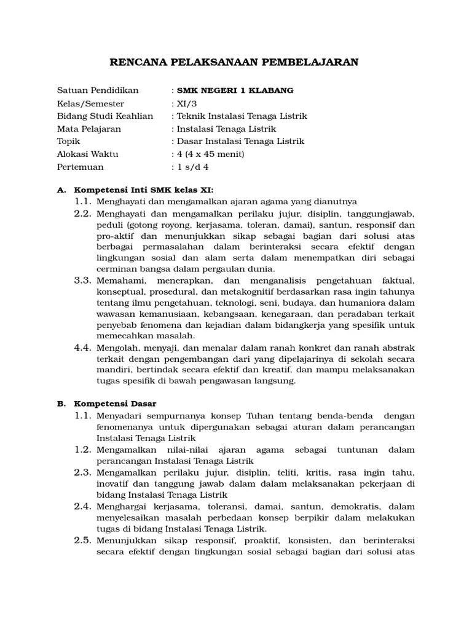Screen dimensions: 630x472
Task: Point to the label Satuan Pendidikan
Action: coord(98,90)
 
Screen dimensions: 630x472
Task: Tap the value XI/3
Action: coord(184,103)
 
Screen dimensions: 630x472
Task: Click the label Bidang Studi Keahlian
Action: coord(105,116)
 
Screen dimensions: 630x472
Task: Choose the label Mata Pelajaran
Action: coord(89,129)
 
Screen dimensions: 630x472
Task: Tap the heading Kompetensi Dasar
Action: coord(116,404)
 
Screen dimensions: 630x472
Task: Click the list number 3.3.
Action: coord(83,280)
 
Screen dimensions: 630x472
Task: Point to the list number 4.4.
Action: coord(83,348)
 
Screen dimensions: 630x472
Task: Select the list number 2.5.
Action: coord(83,540)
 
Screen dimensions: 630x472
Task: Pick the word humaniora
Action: coord(364,302)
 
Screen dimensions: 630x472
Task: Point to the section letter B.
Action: coord(61,404)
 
